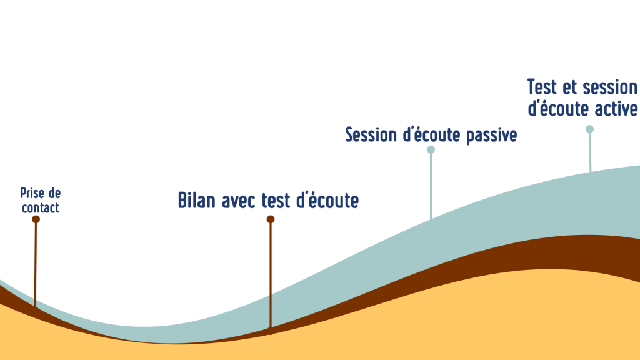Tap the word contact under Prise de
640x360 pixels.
41,207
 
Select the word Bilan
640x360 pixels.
197,201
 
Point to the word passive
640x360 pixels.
491,136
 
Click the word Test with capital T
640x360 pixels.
542,87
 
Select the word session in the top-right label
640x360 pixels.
609,87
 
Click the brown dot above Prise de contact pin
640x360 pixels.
36,219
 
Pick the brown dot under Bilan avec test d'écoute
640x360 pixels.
271,219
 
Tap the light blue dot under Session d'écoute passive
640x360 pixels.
431,150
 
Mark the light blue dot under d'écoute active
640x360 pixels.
590,129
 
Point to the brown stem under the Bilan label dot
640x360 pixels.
271,276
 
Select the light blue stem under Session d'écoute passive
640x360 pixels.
431,186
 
